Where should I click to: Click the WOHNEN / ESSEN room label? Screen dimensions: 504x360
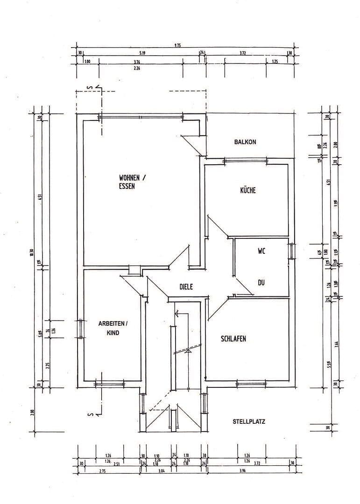click(x=132, y=182)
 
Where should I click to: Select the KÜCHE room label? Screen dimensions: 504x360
click(x=248, y=190)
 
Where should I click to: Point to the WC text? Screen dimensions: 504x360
click(x=261, y=251)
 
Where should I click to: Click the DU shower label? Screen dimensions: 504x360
click(x=261, y=282)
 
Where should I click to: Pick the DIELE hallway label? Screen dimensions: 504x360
click(x=186, y=287)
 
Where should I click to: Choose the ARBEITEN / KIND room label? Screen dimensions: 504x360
click(x=113, y=328)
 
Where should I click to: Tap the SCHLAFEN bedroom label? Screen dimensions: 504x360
click(x=233, y=339)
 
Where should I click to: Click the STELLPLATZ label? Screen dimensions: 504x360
click(x=249, y=421)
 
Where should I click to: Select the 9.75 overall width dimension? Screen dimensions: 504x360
click(x=177, y=46)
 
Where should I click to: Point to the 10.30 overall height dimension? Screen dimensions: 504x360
click(x=31, y=252)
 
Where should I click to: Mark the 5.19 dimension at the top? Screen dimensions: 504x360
click(x=142, y=53)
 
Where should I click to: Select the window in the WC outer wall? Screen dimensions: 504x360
click(x=291, y=251)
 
